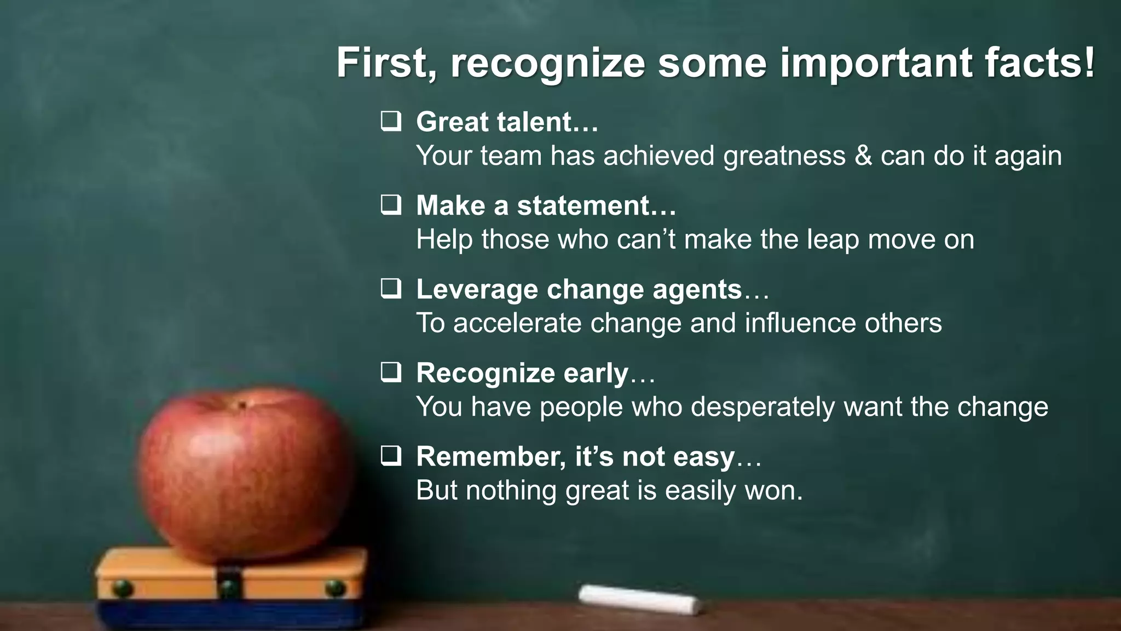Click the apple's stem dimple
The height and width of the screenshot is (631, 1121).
point(240,406)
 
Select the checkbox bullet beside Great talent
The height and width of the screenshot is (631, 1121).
point(391,121)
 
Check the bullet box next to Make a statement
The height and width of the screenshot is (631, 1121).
point(391,205)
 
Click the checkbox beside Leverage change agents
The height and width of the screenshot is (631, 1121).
point(391,289)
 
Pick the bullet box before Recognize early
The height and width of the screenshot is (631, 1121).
point(391,372)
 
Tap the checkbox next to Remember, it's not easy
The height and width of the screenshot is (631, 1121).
point(391,456)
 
